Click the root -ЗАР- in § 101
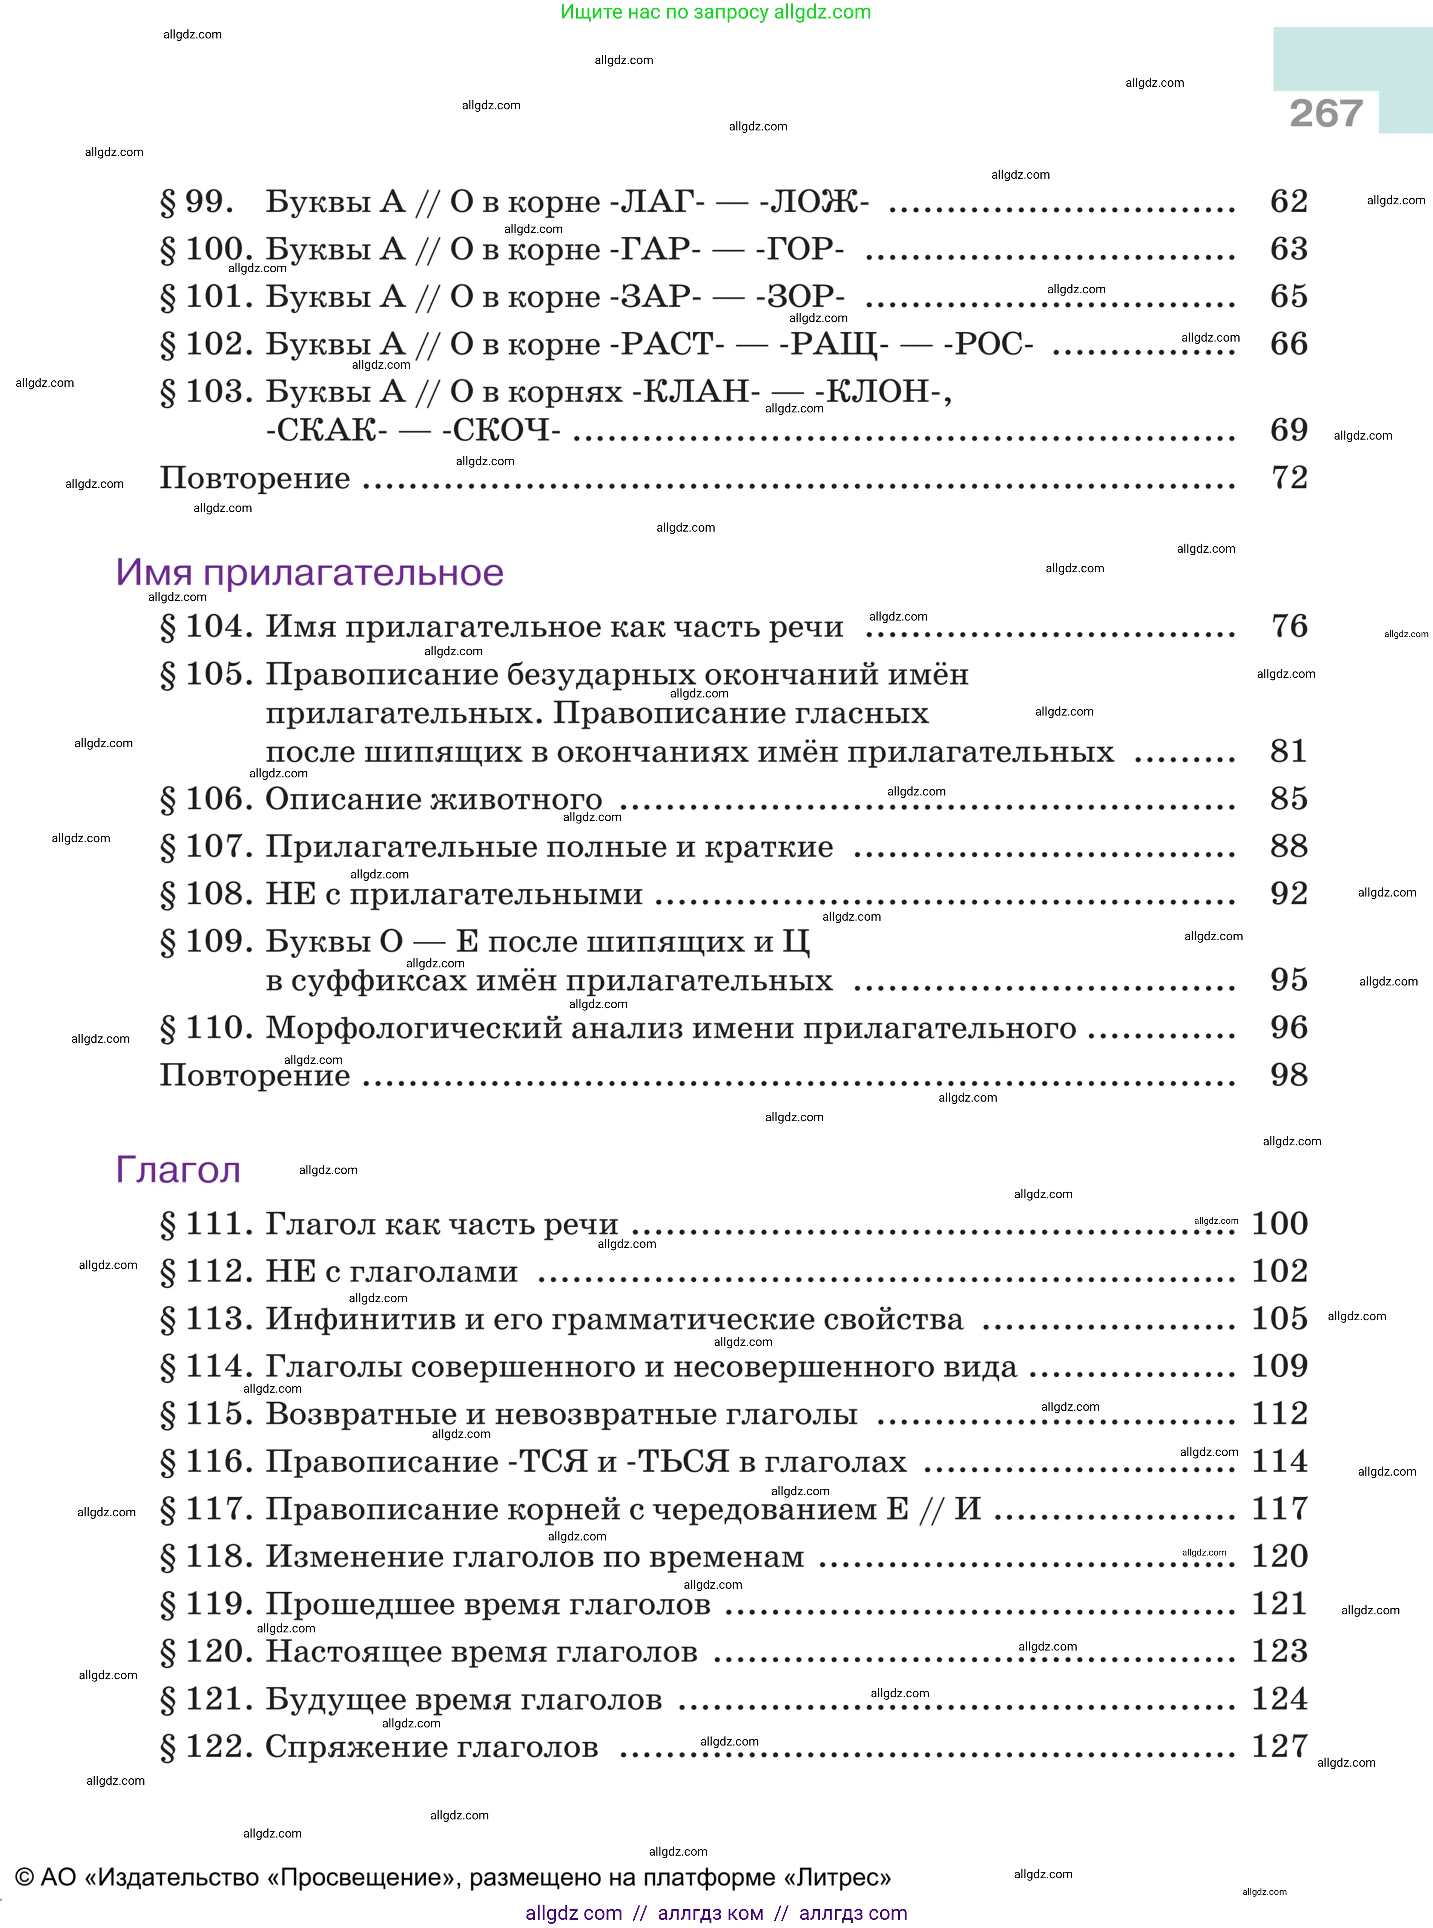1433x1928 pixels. click(x=656, y=297)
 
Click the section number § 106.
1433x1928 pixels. click(x=206, y=799)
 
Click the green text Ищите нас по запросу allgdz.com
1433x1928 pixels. click(x=716, y=12)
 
